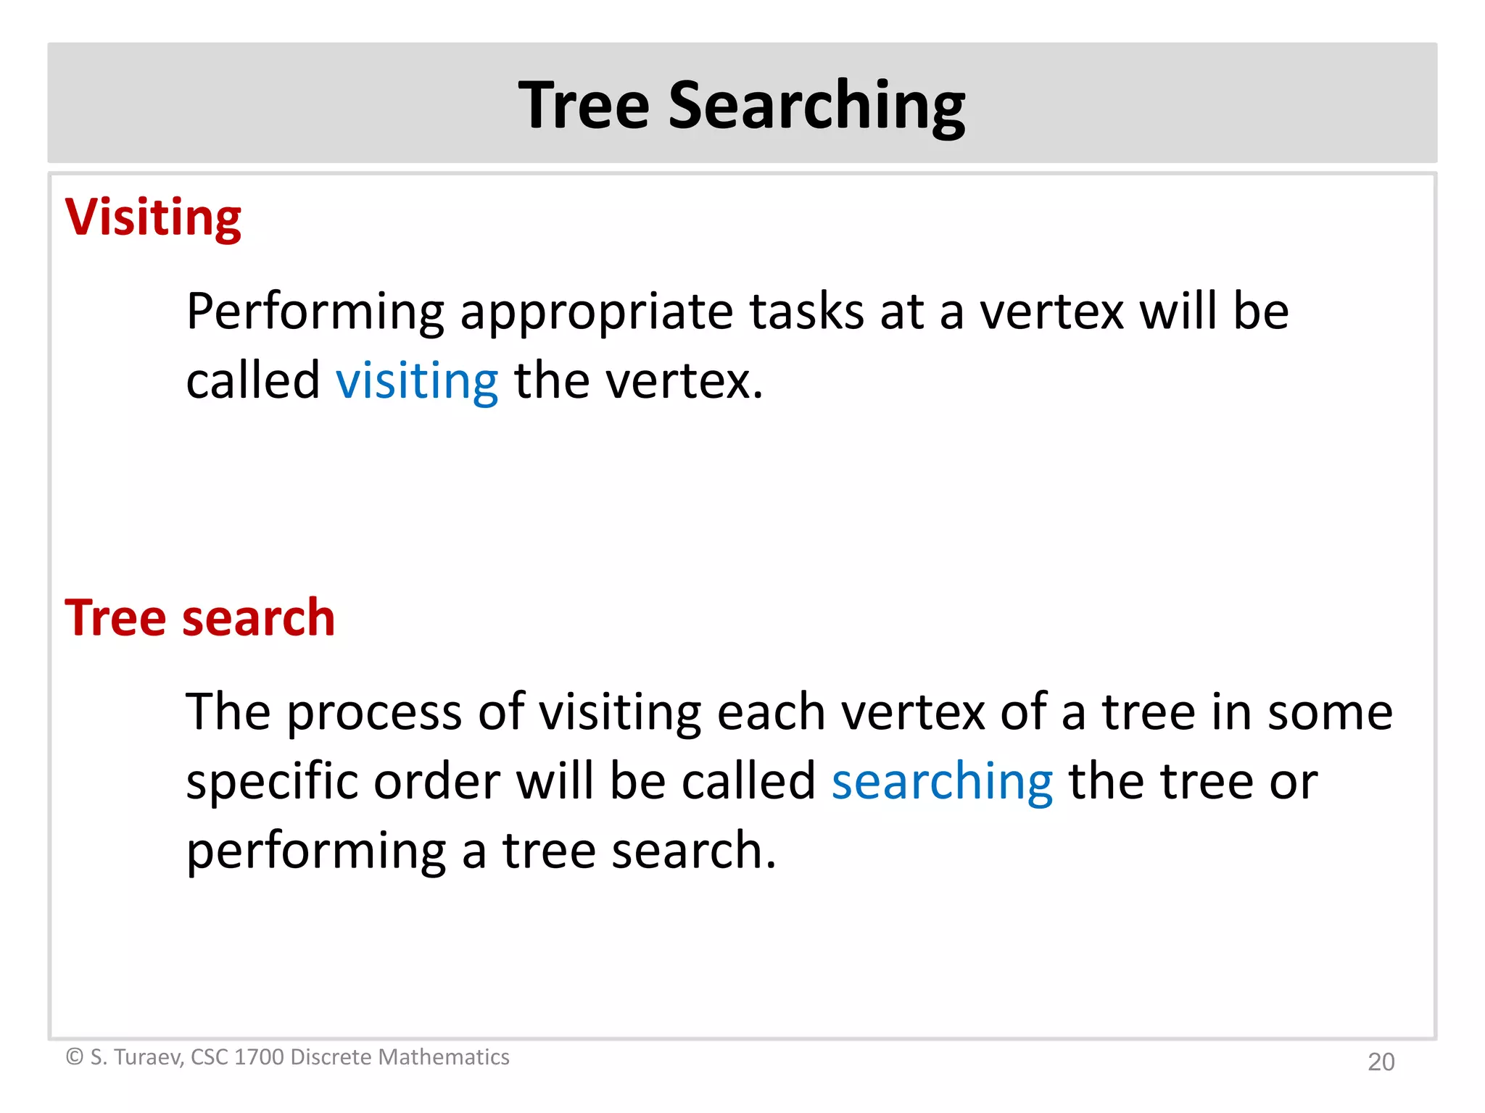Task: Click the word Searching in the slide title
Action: click(x=816, y=107)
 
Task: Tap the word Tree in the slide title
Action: click(x=584, y=105)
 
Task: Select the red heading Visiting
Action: click(x=153, y=217)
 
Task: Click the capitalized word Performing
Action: click(x=315, y=312)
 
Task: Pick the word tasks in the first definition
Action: click(x=806, y=312)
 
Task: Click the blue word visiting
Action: click(x=417, y=381)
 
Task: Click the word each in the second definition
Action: click(x=772, y=712)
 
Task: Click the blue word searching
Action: click(x=942, y=783)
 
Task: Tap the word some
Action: click(x=1330, y=712)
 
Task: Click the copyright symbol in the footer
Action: click(x=75, y=1057)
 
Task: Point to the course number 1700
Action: click(x=259, y=1057)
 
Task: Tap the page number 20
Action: click(x=1381, y=1062)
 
